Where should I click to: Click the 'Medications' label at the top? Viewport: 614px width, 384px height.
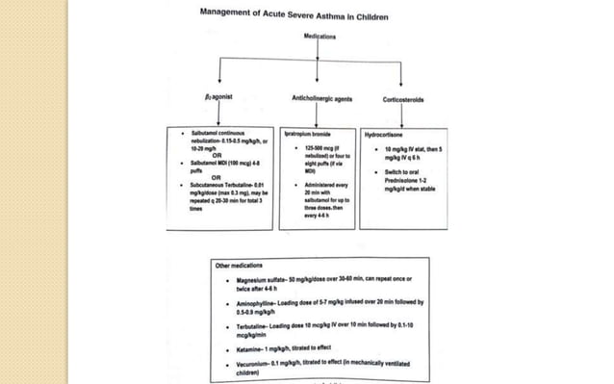pos(320,36)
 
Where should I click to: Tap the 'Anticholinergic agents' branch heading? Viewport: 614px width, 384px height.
pos(320,98)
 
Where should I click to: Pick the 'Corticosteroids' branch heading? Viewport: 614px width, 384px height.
pos(403,98)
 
